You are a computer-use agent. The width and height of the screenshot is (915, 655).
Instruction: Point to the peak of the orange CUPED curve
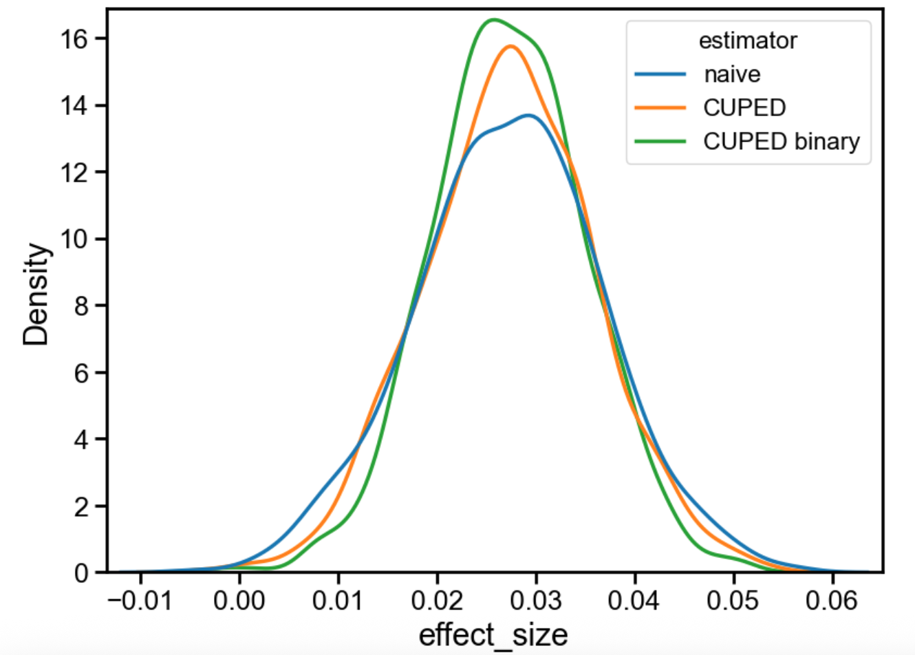click(x=510, y=46)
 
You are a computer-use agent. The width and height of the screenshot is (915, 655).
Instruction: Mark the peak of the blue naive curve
click(x=528, y=115)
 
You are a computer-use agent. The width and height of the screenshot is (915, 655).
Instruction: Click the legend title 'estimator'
click(x=747, y=41)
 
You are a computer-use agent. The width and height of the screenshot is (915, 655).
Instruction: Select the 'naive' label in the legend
click(x=732, y=74)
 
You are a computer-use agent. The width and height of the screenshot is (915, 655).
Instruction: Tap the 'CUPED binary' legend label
click(x=781, y=141)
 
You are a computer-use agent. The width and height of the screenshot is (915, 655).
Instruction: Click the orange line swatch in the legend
click(x=660, y=107)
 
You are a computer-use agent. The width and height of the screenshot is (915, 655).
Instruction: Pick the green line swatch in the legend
click(x=660, y=141)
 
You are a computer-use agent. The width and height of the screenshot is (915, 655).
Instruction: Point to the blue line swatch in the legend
click(x=660, y=74)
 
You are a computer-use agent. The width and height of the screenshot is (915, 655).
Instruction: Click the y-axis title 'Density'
click(x=36, y=294)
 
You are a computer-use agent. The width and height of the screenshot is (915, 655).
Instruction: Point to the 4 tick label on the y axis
click(x=81, y=439)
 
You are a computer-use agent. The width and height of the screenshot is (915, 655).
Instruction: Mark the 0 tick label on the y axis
click(x=81, y=572)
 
